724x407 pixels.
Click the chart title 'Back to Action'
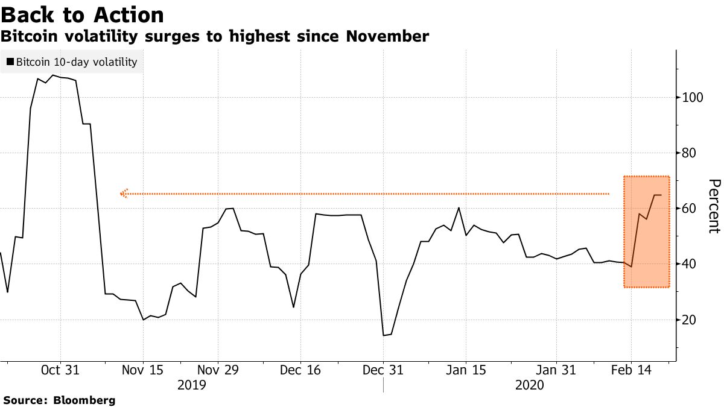tap(82, 14)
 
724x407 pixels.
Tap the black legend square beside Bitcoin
tap(10, 62)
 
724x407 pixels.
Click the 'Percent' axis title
tap(713, 206)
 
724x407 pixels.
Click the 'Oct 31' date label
tap(60, 370)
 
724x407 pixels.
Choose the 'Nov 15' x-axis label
tap(143, 370)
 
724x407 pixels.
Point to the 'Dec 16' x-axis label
tap(300, 370)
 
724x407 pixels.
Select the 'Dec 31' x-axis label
tap(383, 370)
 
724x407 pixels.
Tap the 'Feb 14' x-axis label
tap(631, 370)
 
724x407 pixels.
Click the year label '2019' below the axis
tap(192, 384)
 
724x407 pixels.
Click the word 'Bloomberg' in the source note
tap(84, 400)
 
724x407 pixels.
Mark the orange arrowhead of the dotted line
tap(124, 194)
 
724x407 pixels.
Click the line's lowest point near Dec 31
tap(384, 335)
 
